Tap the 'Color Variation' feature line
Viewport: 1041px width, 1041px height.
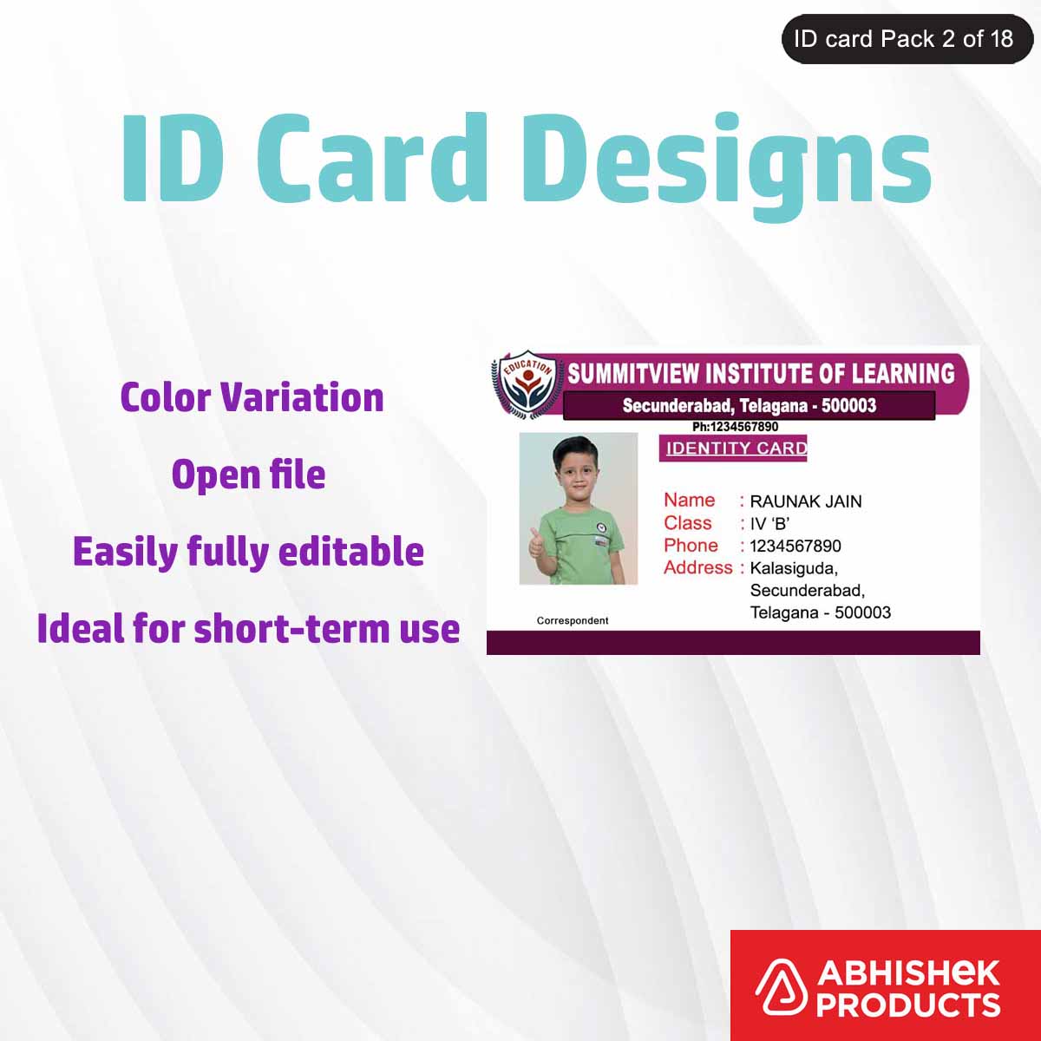252,397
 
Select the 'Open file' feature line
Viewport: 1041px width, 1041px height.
248,475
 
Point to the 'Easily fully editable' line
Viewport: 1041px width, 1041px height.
248,552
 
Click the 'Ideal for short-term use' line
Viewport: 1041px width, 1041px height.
248,629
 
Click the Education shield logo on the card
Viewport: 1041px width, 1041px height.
526,384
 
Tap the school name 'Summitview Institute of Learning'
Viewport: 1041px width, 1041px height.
761,374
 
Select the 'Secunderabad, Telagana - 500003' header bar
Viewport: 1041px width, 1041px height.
749,405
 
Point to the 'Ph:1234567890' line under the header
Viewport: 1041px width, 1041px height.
735,427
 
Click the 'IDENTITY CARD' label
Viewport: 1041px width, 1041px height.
736,448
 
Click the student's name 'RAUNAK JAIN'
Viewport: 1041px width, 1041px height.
805,501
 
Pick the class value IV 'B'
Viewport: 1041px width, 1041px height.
769,524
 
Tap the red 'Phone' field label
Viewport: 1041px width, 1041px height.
691,546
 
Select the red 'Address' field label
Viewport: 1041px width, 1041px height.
698,567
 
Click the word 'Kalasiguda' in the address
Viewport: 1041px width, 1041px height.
793,568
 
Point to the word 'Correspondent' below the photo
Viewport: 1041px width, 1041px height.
573,620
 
